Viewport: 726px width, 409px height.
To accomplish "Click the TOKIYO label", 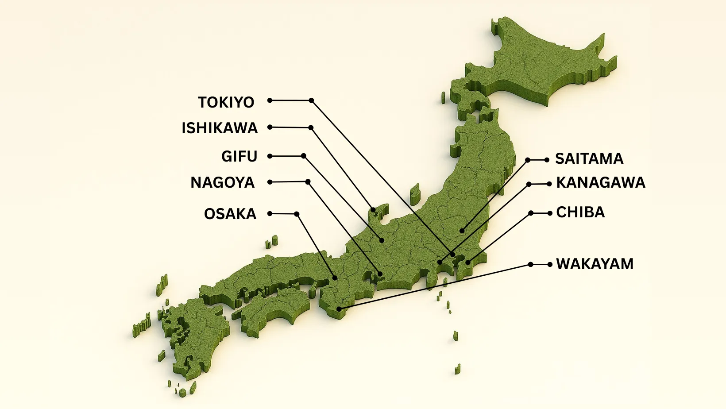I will point(226,102).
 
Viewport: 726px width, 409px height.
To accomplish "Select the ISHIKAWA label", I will point(220,128).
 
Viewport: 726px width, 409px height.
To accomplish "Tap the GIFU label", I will point(239,156).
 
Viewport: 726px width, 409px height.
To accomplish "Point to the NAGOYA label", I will point(222,182).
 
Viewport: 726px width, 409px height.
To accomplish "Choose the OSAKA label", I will point(230,214).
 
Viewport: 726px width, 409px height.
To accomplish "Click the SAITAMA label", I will point(589,158).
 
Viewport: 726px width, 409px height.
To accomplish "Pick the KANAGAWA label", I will point(601,182).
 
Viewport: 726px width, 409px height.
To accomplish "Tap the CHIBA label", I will point(580,212).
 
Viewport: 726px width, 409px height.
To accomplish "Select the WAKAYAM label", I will point(595,264).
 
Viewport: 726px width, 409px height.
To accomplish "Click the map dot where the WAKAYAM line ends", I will point(339,309).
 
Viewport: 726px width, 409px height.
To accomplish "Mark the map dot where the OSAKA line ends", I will point(335,278).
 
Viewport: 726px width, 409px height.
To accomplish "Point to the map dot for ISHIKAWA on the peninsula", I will point(373,210).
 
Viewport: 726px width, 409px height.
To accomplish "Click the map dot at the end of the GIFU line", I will point(382,240).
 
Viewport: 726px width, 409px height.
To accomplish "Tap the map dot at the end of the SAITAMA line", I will point(462,231).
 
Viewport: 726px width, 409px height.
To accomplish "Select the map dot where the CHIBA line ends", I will point(468,262).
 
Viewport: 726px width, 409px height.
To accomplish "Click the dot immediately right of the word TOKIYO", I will point(270,100).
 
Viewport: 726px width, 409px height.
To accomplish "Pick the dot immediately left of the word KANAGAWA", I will point(549,184).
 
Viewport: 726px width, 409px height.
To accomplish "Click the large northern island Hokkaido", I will point(540,66).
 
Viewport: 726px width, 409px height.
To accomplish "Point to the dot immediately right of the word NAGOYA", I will point(270,182).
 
